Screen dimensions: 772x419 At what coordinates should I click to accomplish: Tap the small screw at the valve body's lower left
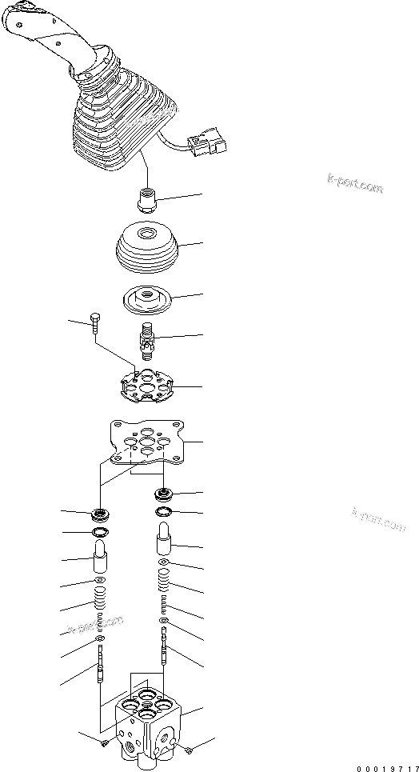pos(106,744)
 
